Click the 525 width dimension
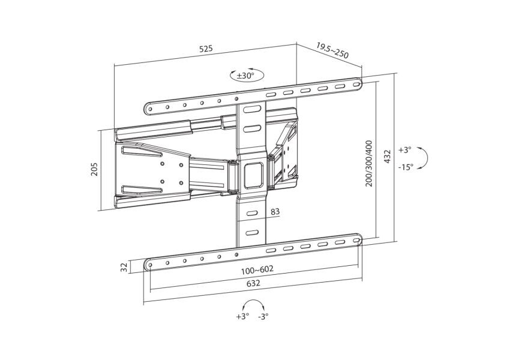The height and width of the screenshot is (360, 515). tap(206, 49)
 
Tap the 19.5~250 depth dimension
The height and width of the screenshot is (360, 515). tap(332, 50)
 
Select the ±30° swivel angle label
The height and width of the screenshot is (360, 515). tap(245, 76)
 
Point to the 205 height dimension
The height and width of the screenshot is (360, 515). tap(95, 169)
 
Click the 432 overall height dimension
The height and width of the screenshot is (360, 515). tap(387, 156)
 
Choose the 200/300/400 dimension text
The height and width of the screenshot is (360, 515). tap(369, 163)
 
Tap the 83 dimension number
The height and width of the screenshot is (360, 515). tap(275, 212)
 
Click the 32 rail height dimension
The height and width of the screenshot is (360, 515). tap(124, 268)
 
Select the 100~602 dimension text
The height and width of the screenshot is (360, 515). tap(257, 270)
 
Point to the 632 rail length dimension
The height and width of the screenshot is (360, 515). tap(253, 283)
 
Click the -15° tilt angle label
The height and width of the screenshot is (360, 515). tap(406, 167)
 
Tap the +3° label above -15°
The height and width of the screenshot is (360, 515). tap(405, 150)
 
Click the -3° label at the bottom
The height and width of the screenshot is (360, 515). tap(263, 317)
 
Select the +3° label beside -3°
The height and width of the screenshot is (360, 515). tap(242, 317)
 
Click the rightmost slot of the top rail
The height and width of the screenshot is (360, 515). tap(357, 84)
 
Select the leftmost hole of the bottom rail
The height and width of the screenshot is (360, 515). tap(150, 265)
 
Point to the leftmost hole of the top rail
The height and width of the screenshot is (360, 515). tap(150, 108)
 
